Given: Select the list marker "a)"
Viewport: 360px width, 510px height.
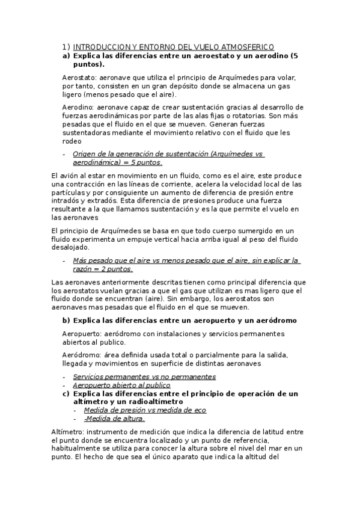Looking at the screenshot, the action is [66, 55].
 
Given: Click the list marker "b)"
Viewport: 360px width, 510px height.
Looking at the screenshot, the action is [66, 321].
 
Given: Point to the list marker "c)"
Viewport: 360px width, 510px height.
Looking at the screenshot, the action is [66, 393].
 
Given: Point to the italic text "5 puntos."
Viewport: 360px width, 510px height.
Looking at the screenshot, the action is [145, 162].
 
